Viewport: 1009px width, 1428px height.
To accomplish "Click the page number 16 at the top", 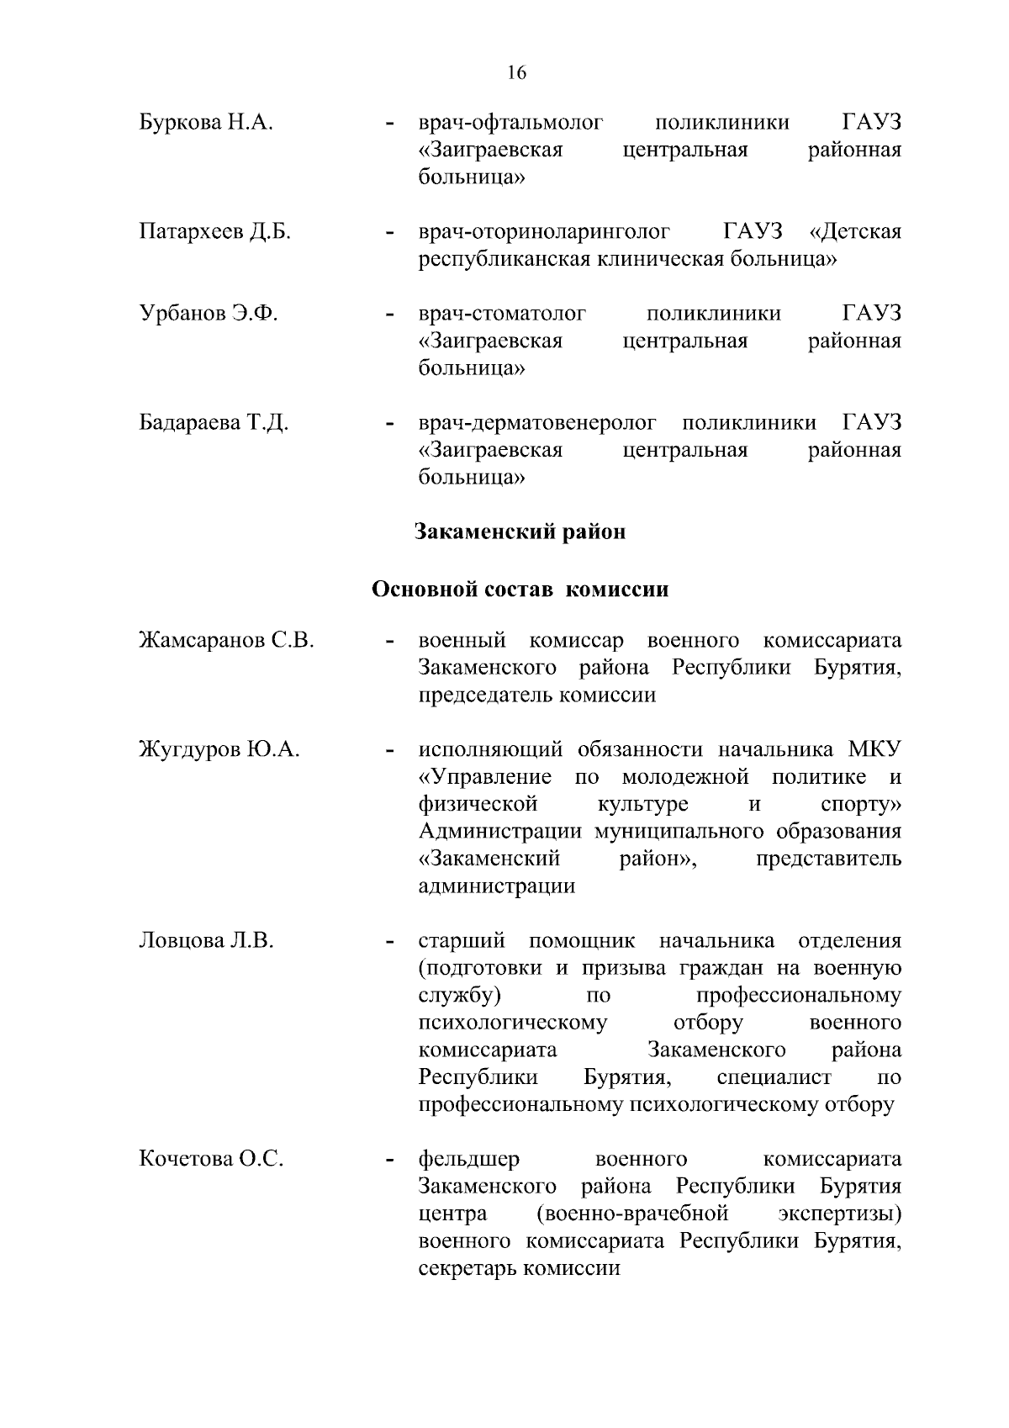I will [x=516, y=73].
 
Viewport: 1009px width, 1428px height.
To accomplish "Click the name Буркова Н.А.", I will [x=206, y=123].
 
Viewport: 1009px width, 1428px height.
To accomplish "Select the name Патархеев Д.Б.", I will [x=214, y=231].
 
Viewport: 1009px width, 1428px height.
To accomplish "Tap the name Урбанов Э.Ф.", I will [x=208, y=314].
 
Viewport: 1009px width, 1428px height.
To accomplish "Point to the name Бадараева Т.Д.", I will [x=214, y=422].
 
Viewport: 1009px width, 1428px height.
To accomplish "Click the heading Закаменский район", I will [x=520, y=532].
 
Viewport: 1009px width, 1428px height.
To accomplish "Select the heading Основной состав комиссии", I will [x=520, y=589].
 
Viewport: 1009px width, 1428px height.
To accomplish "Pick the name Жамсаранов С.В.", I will [x=226, y=641].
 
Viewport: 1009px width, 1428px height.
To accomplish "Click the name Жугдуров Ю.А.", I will [x=219, y=749].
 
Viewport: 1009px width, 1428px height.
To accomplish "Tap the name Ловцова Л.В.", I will [x=206, y=940].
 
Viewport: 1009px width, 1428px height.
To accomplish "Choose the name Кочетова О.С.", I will [x=211, y=1159].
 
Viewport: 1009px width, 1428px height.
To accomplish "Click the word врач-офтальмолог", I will [x=511, y=123].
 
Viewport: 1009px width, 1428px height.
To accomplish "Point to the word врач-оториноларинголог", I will [x=544, y=231].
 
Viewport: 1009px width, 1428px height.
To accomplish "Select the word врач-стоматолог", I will [x=502, y=314].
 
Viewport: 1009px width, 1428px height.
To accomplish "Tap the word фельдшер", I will [x=469, y=1159].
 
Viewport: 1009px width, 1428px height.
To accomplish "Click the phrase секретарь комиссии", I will [x=519, y=1268].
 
